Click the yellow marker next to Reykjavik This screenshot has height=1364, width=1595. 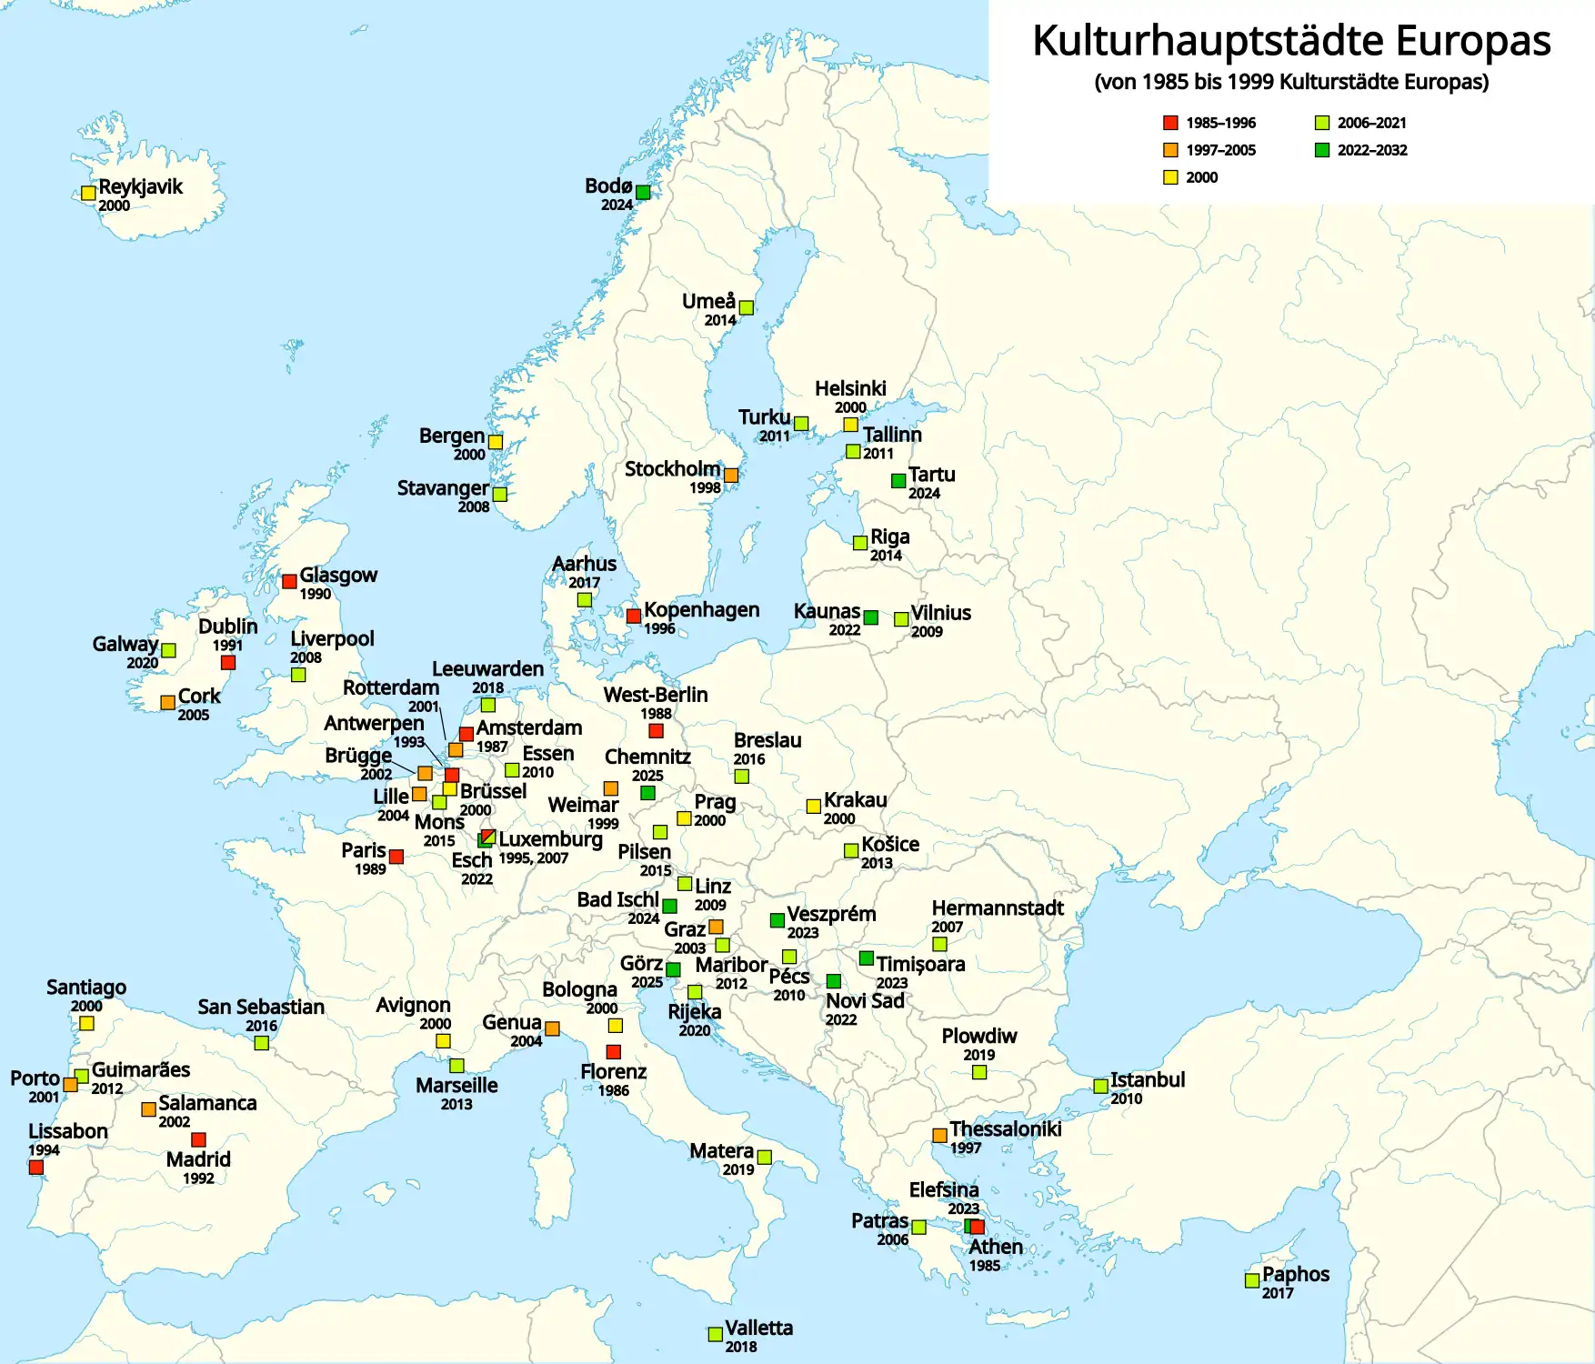88,193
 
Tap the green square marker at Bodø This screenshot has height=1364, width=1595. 643,192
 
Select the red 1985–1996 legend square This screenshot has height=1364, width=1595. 1170,123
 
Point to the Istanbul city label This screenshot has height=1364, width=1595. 1148,1079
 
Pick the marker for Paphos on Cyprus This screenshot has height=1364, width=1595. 1252,1280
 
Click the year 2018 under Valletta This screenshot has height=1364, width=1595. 741,1347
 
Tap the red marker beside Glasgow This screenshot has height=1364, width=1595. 289,581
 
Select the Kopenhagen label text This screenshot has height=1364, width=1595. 701,610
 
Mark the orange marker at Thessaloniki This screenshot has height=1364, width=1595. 939,1136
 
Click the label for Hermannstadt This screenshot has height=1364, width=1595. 997,908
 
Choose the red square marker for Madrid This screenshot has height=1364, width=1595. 198,1139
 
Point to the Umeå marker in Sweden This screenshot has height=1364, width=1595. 747,307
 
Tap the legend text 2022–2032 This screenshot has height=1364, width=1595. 1371,150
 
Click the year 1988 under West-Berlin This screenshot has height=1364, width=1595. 656,714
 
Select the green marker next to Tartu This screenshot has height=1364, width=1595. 898,480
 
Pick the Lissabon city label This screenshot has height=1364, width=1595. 68,1131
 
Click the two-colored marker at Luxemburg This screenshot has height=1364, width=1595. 488,837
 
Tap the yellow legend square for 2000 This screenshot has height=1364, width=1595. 1170,177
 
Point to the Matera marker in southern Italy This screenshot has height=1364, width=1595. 765,1158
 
